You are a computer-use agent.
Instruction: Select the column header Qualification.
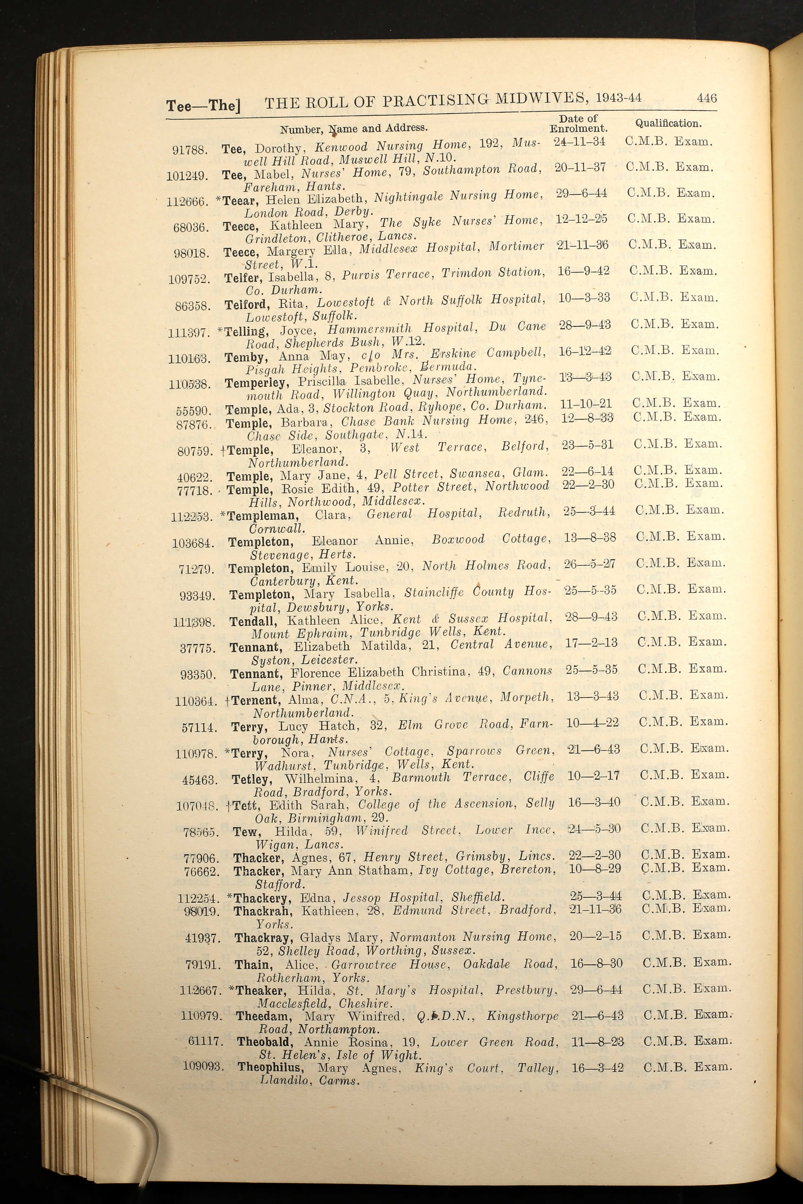[x=668, y=123]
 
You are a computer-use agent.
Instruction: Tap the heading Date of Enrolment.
[x=578, y=123]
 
